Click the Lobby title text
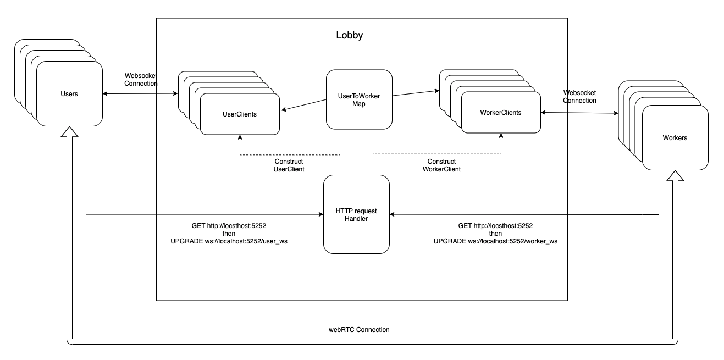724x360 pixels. click(x=350, y=35)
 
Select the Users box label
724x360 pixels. click(x=69, y=94)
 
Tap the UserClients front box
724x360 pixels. click(x=240, y=114)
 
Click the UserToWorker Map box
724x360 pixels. click(x=359, y=99)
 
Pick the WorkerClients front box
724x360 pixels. click(x=501, y=113)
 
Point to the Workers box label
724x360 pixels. click(x=675, y=138)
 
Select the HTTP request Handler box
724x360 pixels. click(x=357, y=214)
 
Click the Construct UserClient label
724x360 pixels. click(x=289, y=165)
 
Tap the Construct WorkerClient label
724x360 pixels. click(x=441, y=165)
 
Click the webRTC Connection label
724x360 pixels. click(x=359, y=330)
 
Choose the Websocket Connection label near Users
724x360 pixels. click(x=141, y=80)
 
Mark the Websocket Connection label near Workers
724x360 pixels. click(x=579, y=97)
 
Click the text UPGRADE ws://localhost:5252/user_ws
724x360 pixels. click(x=229, y=241)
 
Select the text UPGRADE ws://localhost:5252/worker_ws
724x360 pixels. click(x=495, y=241)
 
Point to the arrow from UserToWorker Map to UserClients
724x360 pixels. click(x=304, y=105)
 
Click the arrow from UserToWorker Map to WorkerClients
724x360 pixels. click(x=416, y=93)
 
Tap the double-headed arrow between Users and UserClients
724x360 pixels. click(x=140, y=94)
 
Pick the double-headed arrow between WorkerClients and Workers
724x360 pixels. click(x=579, y=113)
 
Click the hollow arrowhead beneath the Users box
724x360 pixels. click(x=69, y=132)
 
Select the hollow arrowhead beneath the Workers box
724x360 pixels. click(x=675, y=176)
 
